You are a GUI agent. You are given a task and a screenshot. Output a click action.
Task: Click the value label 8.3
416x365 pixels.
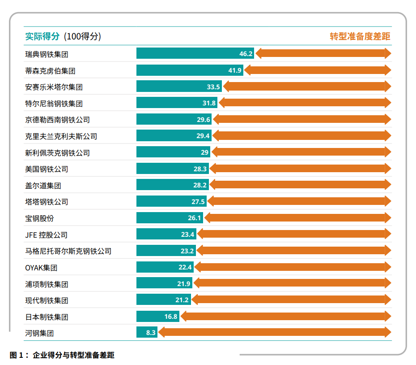[x=151, y=333]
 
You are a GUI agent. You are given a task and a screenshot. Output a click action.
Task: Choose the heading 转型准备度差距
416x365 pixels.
[x=360, y=36]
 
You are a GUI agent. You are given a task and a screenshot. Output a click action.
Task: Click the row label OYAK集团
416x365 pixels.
[x=41, y=268]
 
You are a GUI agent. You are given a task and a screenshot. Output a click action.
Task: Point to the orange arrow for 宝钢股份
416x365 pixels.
[x=297, y=218]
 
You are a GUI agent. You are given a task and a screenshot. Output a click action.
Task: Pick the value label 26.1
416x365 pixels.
[x=195, y=218]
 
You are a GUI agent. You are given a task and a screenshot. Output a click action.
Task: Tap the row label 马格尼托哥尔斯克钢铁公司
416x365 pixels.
[x=68, y=251]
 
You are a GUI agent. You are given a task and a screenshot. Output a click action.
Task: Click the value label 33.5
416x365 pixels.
[x=213, y=87]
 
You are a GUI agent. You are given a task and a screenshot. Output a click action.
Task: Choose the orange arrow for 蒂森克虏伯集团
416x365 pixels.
[x=318, y=70]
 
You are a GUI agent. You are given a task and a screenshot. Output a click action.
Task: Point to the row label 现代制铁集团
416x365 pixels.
[x=47, y=300]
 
